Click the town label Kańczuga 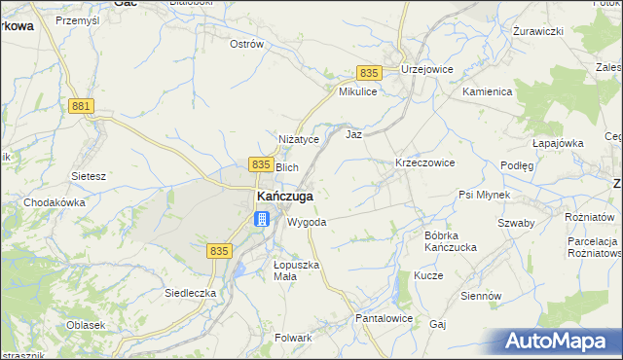284,196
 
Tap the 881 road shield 84,106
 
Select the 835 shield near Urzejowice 368,73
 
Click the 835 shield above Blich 260,165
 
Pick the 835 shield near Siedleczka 219,251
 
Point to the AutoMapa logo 561,341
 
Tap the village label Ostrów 246,44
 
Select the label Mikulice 357,91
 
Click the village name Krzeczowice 424,162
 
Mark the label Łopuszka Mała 296,270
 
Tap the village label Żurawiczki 538,31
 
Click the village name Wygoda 307,222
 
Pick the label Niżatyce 299,140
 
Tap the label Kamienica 488,90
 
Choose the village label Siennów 481,295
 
